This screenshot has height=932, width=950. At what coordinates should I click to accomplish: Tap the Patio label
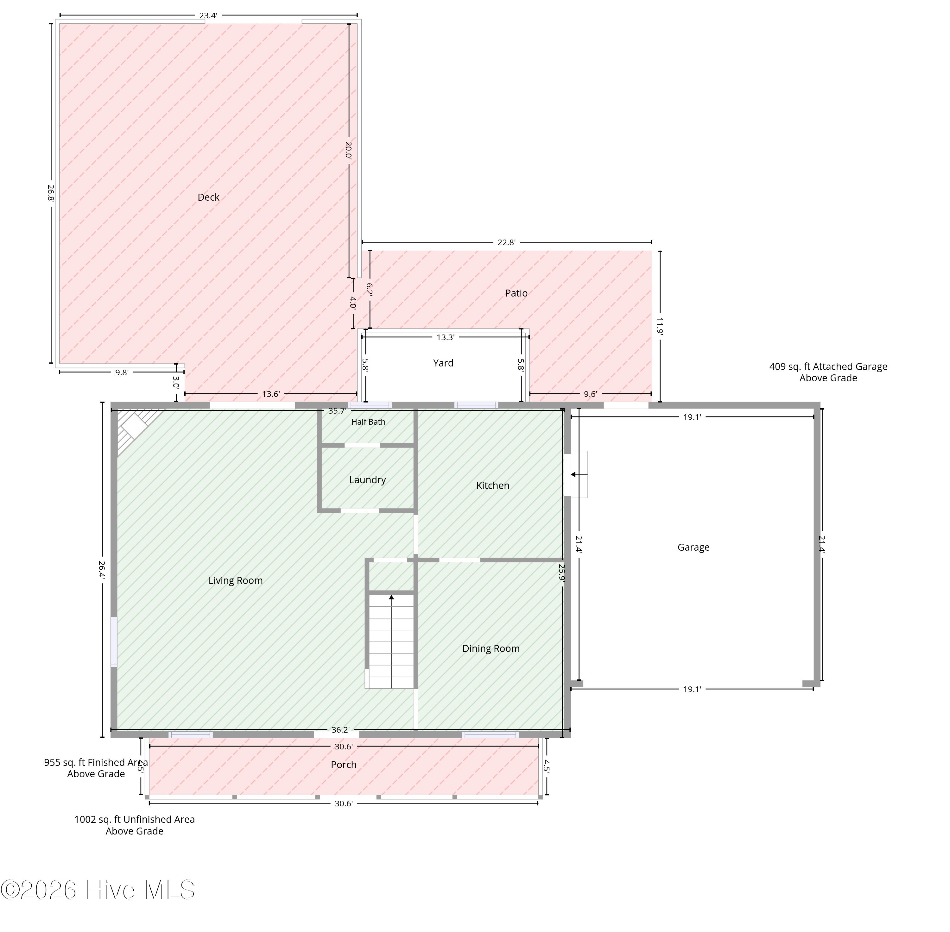click(516, 293)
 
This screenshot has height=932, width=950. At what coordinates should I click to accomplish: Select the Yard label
click(443, 363)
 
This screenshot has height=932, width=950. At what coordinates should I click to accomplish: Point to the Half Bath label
click(368, 422)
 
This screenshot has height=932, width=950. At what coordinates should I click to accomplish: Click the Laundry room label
click(367, 480)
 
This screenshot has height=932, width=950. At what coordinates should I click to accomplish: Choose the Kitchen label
click(493, 485)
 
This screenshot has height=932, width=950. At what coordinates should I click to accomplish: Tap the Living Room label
click(236, 580)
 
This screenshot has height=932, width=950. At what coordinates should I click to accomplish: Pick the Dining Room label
click(491, 648)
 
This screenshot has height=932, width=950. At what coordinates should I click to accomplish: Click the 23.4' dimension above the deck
click(208, 16)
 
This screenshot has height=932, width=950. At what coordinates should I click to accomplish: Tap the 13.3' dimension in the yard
click(446, 337)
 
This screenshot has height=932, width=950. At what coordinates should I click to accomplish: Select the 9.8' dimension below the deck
click(122, 372)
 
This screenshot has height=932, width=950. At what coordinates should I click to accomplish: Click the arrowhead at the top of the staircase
click(391, 597)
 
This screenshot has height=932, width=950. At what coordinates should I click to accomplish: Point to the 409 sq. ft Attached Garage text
click(828, 372)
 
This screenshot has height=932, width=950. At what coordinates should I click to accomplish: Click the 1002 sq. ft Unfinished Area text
click(134, 825)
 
